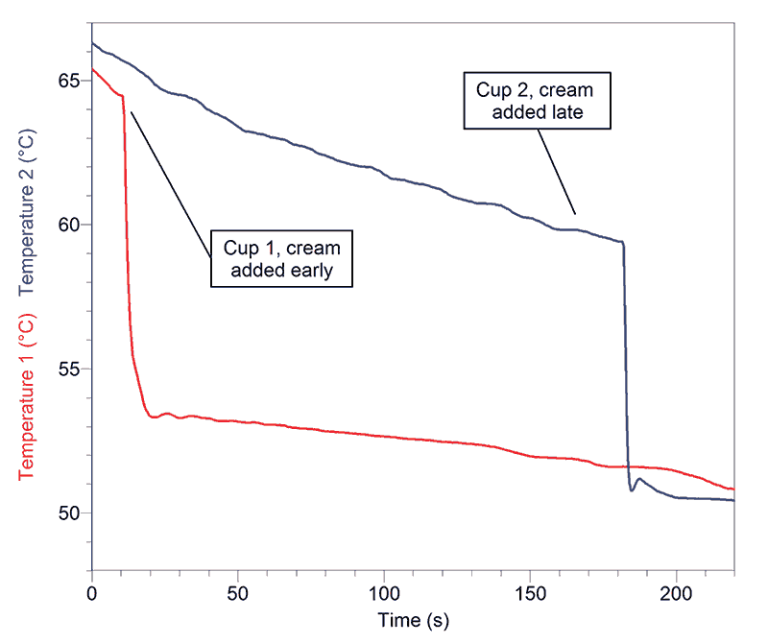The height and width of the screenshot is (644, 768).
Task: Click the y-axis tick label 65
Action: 68,81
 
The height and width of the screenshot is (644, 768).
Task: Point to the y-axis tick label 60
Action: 68,225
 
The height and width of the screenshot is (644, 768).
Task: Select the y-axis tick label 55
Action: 68,370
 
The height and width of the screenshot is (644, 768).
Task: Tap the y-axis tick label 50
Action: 68,513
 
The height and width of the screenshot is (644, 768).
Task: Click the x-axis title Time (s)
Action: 412,620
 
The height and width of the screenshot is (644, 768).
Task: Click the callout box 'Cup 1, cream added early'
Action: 282,257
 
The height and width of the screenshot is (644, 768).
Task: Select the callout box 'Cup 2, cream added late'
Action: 537,101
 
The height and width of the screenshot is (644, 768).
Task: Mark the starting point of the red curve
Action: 93,70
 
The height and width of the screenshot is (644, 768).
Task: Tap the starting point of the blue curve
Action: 93,43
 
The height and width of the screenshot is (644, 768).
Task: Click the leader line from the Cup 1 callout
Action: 169,182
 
